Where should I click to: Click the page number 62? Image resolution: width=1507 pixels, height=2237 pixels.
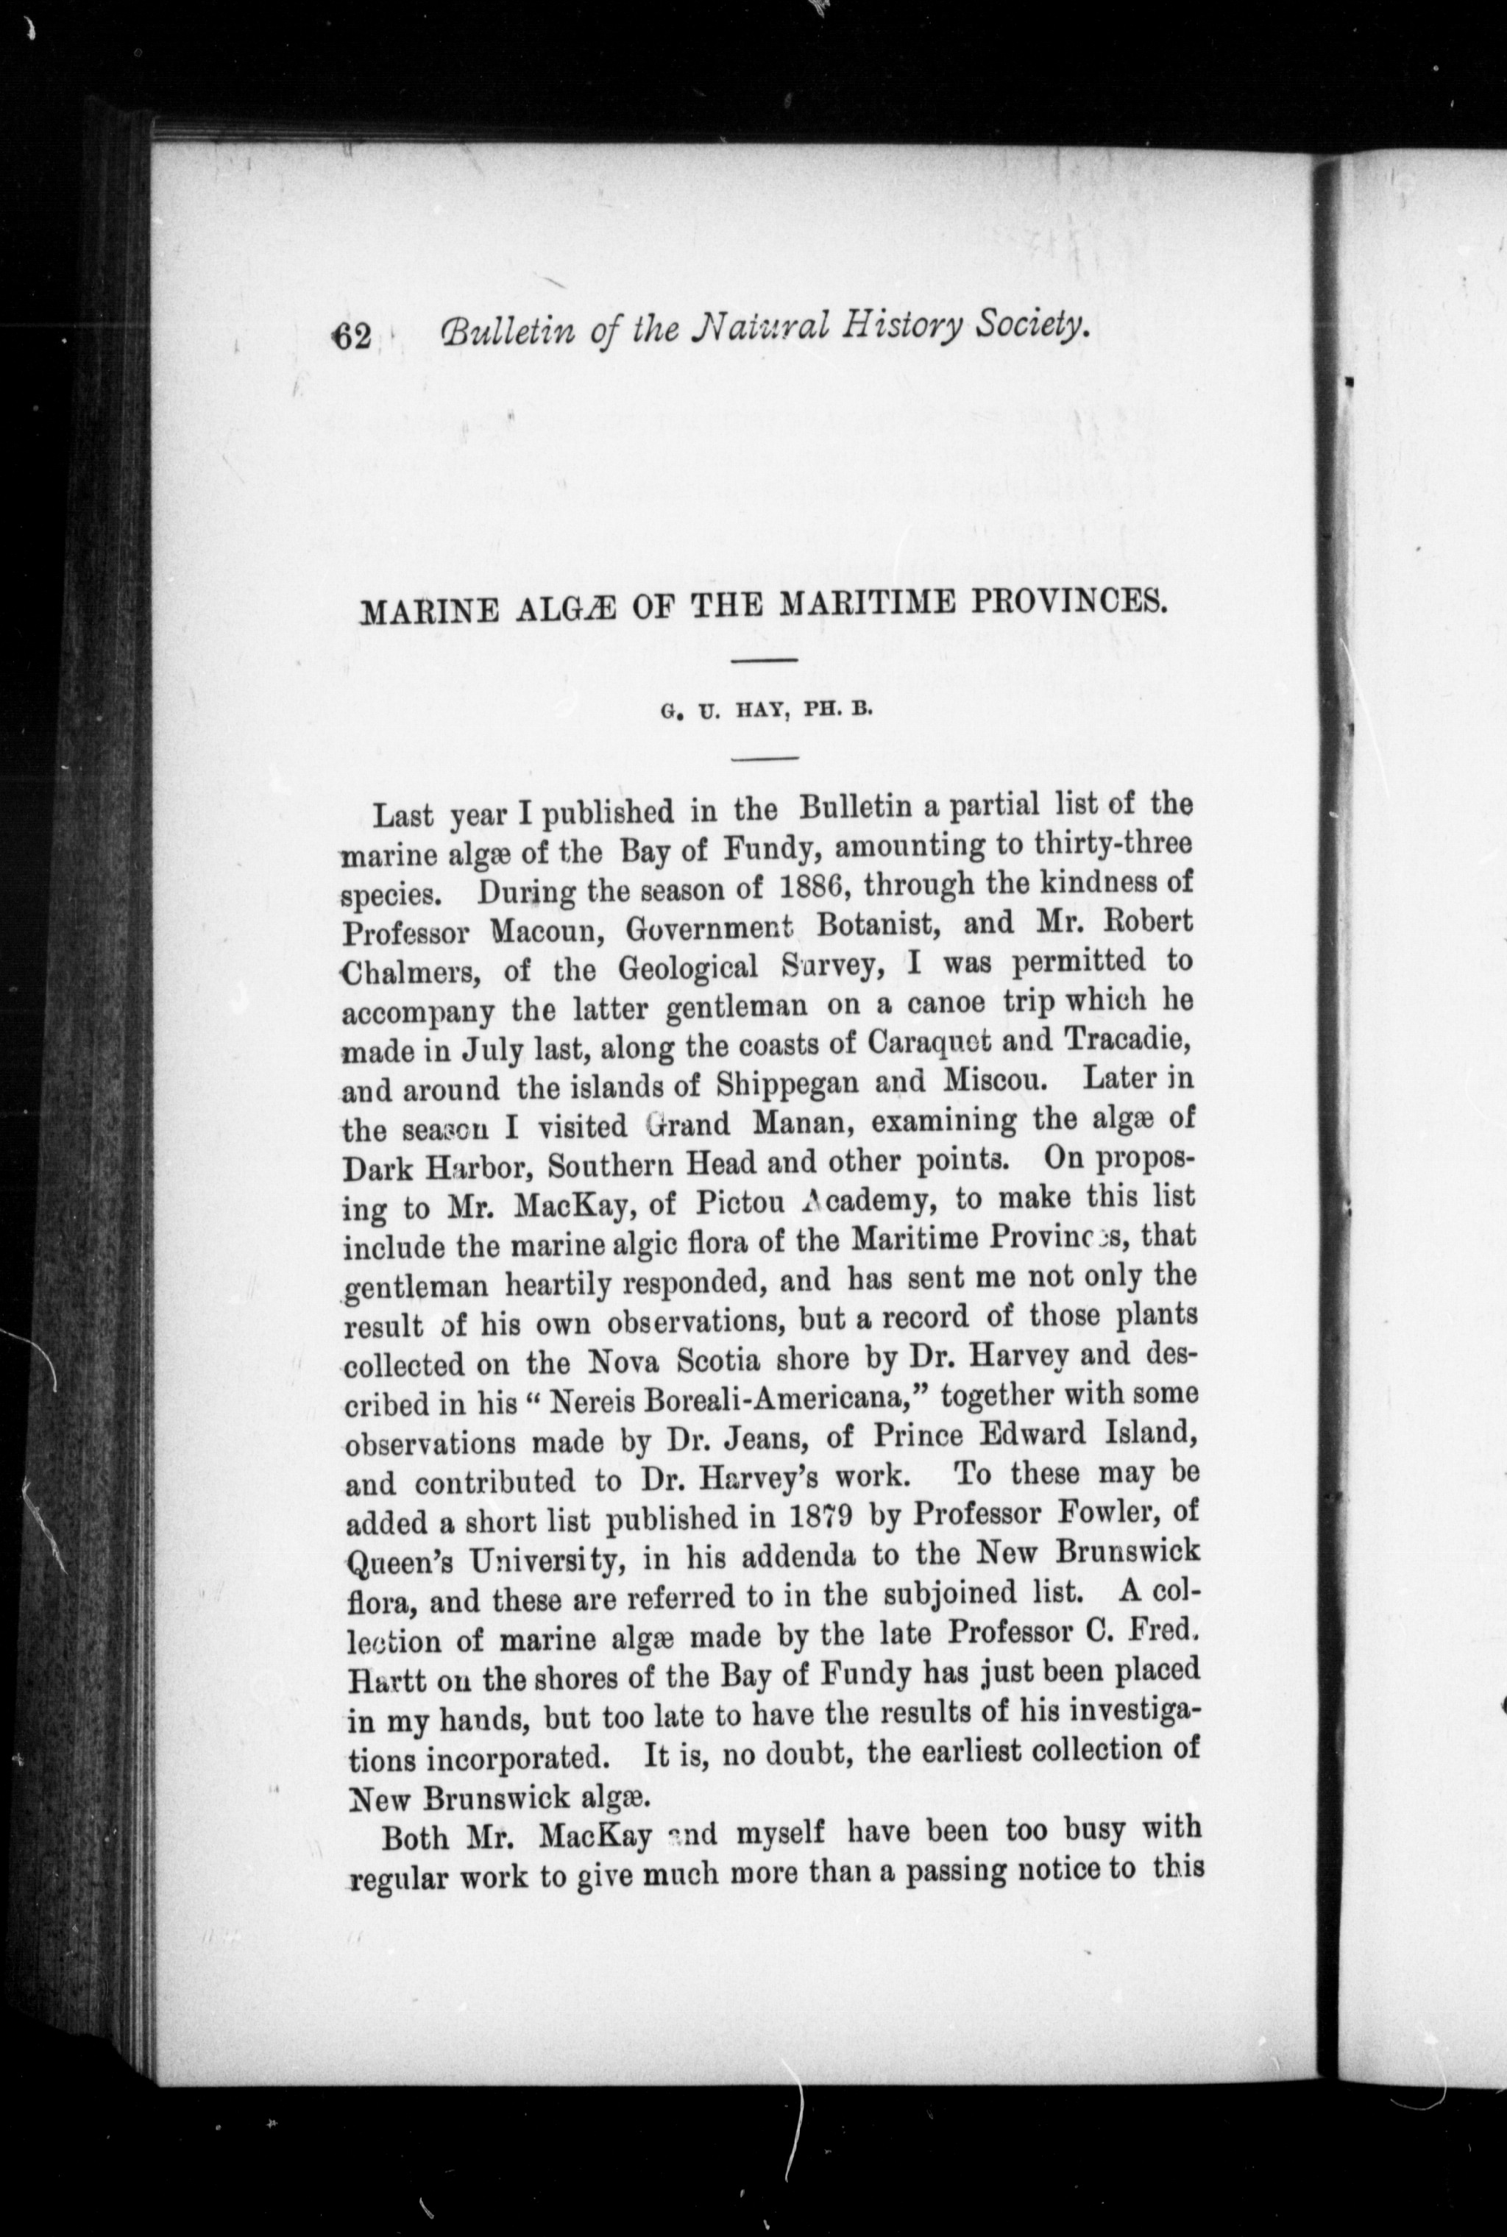[352, 336]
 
